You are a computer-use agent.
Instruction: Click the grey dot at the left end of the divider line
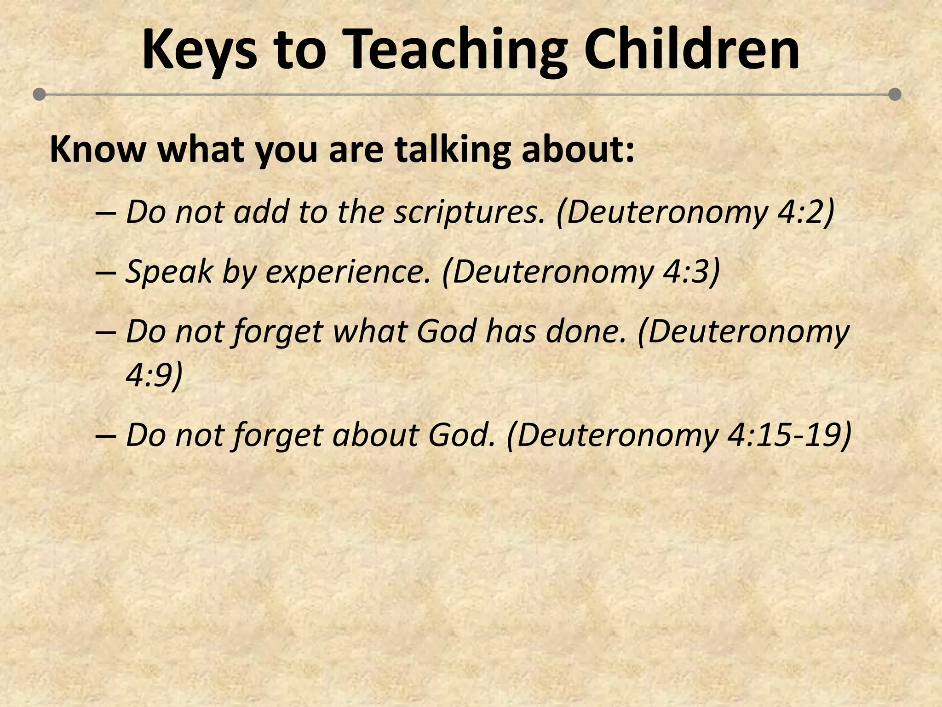click(x=40, y=94)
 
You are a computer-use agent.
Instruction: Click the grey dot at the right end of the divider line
click(x=895, y=94)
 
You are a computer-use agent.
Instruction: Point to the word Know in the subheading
click(x=97, y=150)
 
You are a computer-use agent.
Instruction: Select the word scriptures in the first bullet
click(x=469, y=212)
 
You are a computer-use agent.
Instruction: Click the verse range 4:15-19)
click(x=789, y=435)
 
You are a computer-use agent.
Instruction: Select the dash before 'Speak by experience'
click(x=106, y=272)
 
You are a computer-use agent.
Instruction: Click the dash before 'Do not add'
click(x=106, y=213)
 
